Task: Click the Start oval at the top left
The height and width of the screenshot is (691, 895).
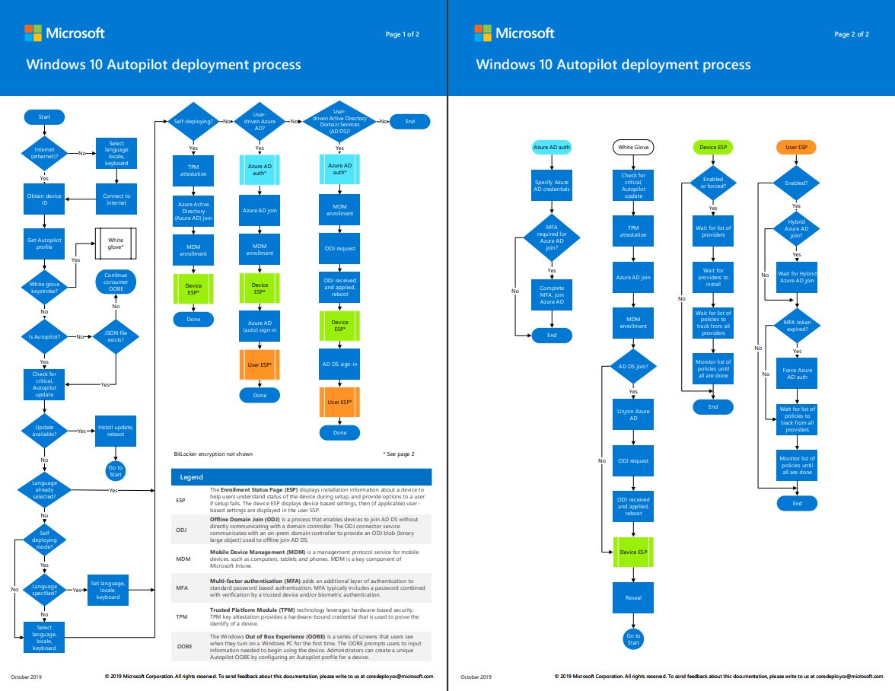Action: tap(44, 116)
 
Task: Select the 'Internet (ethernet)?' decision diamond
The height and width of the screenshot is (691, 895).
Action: tap(44, 154)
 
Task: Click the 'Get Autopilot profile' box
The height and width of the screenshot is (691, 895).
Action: tap(44, 243)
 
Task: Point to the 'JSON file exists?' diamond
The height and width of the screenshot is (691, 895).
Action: tap(116, 336)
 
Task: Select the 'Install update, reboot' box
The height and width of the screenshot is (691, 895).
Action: tap(116, 431)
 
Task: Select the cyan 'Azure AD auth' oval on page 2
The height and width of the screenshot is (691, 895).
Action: tap(552, 146)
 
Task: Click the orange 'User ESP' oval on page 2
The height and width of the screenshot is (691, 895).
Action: tap(796, 146)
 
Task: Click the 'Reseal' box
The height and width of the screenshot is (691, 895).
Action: tap(633, 597)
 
